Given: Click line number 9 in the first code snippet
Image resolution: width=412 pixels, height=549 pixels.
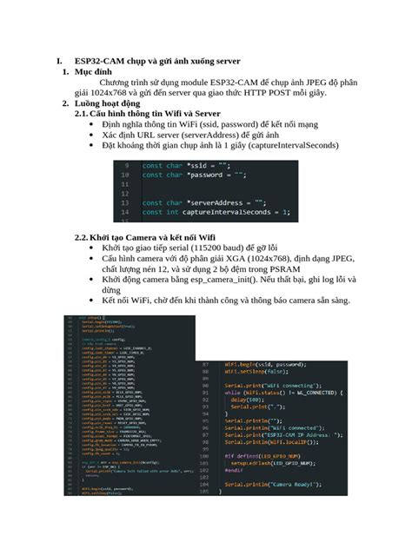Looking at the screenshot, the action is [127, 165].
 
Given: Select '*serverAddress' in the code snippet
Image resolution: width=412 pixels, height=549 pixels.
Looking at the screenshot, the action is [204, 202].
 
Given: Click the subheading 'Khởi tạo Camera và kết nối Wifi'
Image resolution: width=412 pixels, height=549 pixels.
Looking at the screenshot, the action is [152, 237].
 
